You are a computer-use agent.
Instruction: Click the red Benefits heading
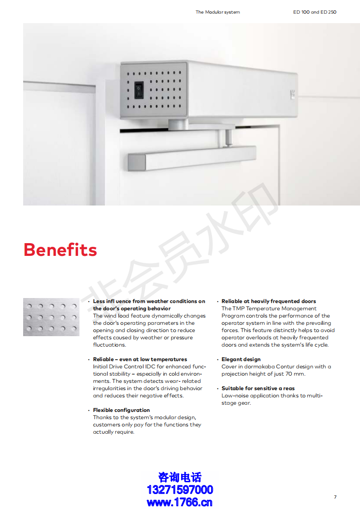coord(60,250)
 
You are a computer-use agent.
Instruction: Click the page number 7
coord(335,497)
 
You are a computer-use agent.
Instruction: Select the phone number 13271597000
coord(180,490)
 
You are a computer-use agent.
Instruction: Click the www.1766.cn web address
coord(180,502)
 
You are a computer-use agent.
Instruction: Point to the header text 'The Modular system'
coord(217,12)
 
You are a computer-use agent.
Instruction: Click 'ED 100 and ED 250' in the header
coord(315,12)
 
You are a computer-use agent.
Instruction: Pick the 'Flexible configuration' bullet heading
coord(121,410)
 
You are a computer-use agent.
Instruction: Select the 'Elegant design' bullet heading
coord(241,359)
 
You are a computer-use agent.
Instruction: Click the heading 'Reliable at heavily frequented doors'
coord(269,301)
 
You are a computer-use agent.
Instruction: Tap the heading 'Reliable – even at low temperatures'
coord(140,359)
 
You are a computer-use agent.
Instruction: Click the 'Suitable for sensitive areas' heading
coord(258,388)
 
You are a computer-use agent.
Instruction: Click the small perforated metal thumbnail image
coord(51,317)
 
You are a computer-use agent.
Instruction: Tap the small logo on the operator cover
coord(292,94)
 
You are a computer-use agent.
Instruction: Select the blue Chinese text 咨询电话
coord(180,477)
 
